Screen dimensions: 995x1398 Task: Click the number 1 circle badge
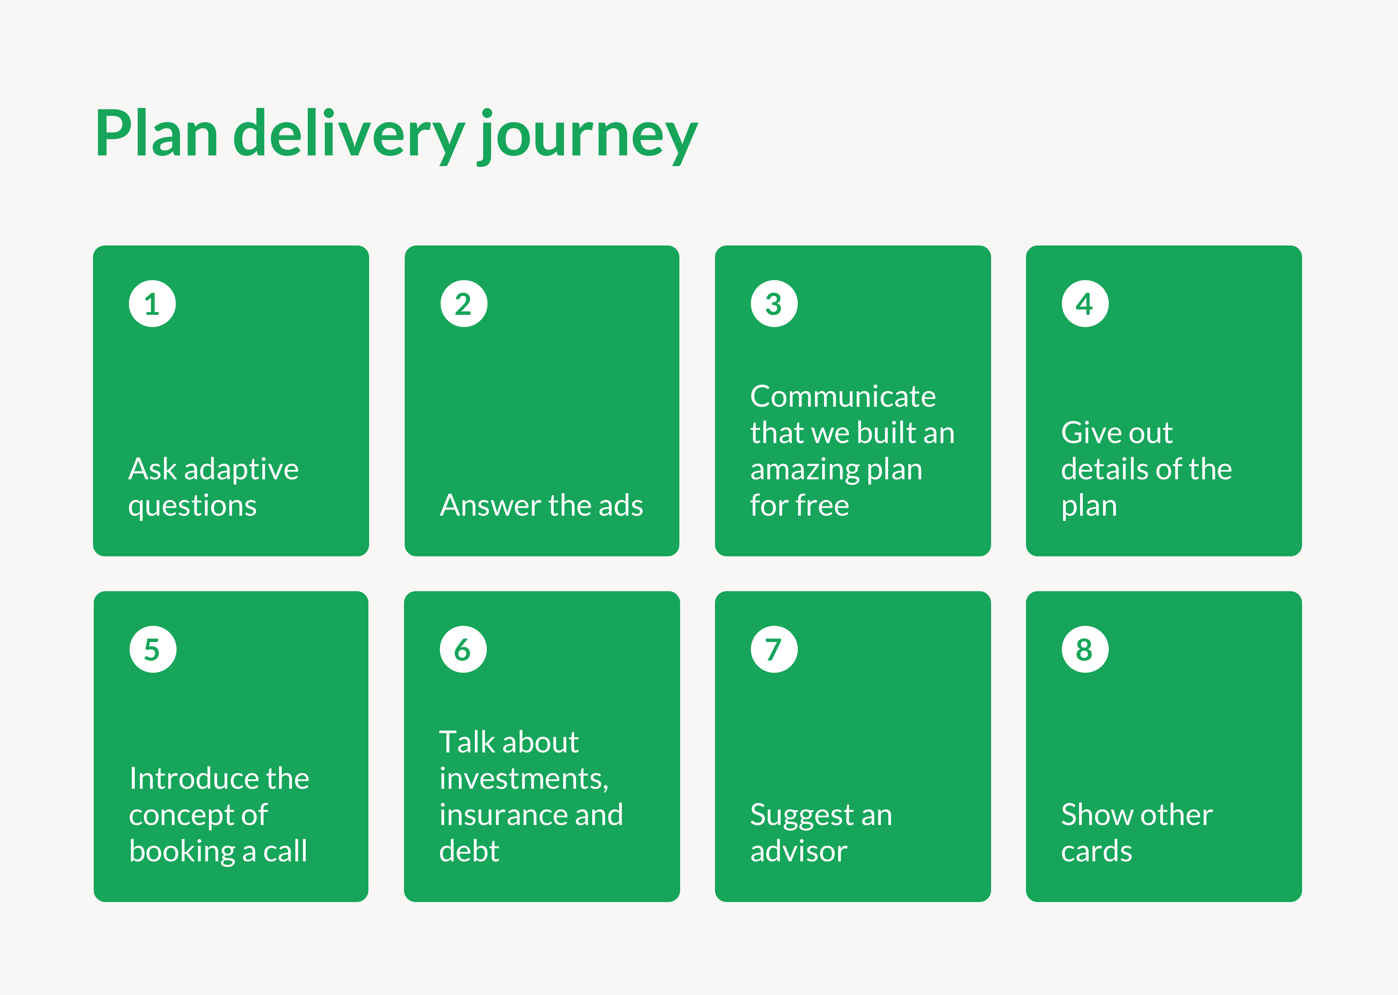pos(152,304)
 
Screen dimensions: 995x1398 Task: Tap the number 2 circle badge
pos(463,304)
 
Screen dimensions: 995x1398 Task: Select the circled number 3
pos(774,304)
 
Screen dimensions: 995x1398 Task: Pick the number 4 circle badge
pos(1085,304)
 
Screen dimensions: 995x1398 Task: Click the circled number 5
pos(153,649)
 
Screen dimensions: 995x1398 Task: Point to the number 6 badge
pos(463,649)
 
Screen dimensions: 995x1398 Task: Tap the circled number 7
pos(774,649)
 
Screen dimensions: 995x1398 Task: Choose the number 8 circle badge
pos(1085,649)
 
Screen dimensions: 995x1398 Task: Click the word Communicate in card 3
pos(843,397)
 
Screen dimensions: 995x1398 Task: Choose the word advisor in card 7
pos(799,852)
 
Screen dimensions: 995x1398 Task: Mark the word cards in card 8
pos(1096,852)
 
